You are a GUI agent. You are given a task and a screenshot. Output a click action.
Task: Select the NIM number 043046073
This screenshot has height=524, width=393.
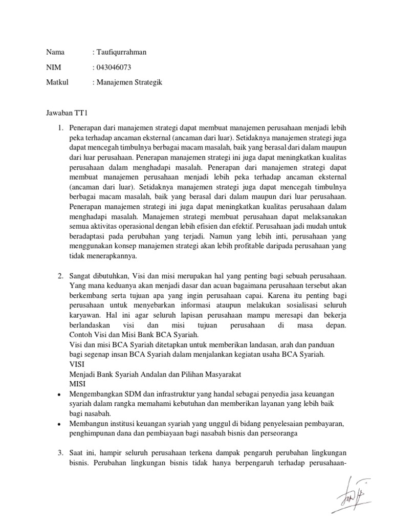pos(115,67)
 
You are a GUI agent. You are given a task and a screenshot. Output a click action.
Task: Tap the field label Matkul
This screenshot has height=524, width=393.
pos(57,82)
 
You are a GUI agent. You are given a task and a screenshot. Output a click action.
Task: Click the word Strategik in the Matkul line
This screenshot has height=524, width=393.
pos(148,82)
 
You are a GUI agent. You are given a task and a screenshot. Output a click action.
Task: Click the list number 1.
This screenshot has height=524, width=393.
pos(59,127)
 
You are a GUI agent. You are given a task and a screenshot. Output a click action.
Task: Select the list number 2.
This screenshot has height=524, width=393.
pos(59,276)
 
